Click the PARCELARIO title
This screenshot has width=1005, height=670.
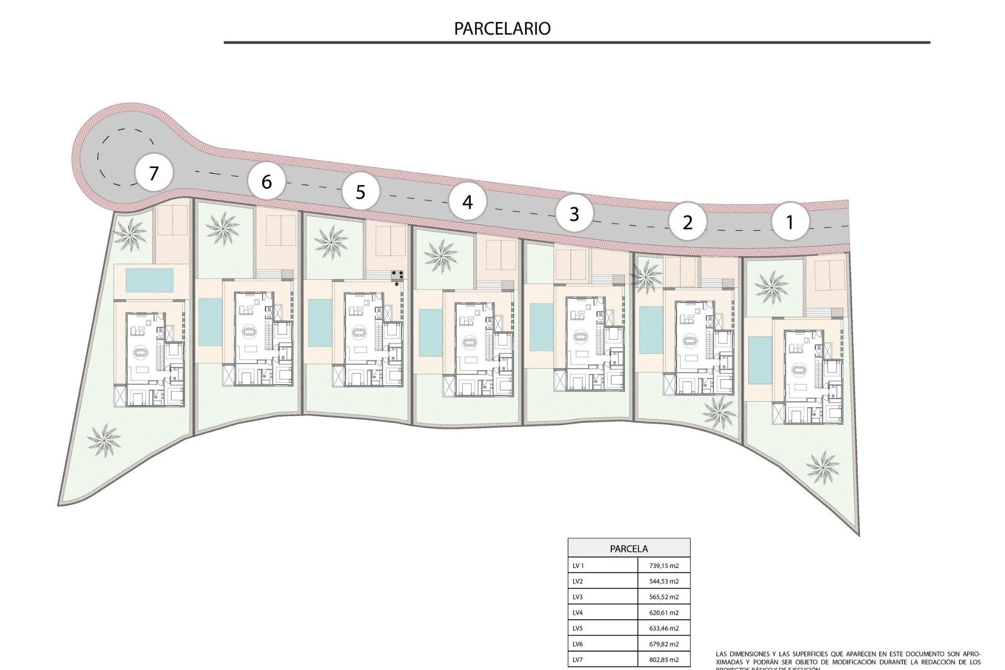(x=502, y=28)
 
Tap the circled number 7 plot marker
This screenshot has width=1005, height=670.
(x=153, y=173)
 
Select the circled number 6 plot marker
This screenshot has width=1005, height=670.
(x=266, y=182)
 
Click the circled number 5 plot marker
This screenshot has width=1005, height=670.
(x=360, y=192)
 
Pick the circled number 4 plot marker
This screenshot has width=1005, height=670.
(x=467, y=202)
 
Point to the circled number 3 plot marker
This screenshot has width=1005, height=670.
(x=574, y=214)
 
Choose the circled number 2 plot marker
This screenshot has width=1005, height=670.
(x=687, y=222)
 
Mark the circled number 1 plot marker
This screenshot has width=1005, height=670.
(x=790, y=222)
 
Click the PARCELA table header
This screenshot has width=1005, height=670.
(x=629, y=549)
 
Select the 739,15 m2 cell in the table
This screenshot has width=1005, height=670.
(x=663, y=565)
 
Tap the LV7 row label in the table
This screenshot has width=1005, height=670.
(x=577, y=660)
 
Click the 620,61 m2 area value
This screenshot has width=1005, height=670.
(x=663, y=612)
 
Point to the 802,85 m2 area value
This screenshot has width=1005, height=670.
(x=663, y=660)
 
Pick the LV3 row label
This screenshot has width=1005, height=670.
(x=577, y=597)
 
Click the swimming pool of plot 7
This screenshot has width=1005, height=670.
(x=150, y=281)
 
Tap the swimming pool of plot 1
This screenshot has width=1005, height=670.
(x=756, y=360)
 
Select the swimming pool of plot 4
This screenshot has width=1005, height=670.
(x=431, y=333)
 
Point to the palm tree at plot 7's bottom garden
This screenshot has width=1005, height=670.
(x=104, y=440)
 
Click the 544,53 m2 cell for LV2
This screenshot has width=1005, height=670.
(x=663, y=581)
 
